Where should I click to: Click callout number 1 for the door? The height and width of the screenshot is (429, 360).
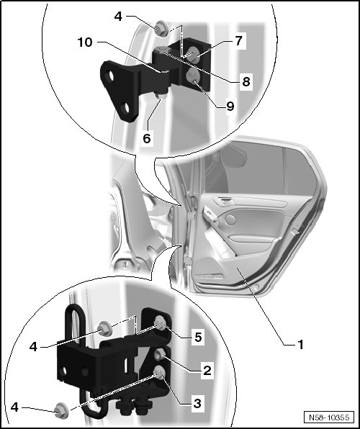coord(300,345)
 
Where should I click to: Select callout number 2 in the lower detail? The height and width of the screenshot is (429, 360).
coord(207,371)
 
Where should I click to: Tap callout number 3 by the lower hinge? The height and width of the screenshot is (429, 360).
coord(197,403)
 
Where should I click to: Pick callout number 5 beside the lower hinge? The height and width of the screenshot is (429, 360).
coord(198,337)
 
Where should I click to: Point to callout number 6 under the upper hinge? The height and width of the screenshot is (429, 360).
coord(147,138)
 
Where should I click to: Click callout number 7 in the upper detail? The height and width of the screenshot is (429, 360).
coord(239,41)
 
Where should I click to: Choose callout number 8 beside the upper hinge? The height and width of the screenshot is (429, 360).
coord(246,81)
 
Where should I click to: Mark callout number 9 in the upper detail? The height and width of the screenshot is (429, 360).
coord(230,106)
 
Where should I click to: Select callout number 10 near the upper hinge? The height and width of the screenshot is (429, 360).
coord(85,42)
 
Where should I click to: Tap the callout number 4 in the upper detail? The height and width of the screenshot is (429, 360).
coord(118,17)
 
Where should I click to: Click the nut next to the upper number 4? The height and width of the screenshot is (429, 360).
coord(161,29)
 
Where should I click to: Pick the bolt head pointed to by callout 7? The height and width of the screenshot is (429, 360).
coord(193,53)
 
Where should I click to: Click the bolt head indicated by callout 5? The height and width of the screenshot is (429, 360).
coord(161,323)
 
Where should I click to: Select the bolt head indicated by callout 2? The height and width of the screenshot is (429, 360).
coord(159,355)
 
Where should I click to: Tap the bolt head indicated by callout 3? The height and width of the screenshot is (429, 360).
coord(159,374)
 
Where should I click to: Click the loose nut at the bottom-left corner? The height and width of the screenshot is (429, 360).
coord(60,411)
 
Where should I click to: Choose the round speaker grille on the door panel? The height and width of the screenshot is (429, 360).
coord(231,220)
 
